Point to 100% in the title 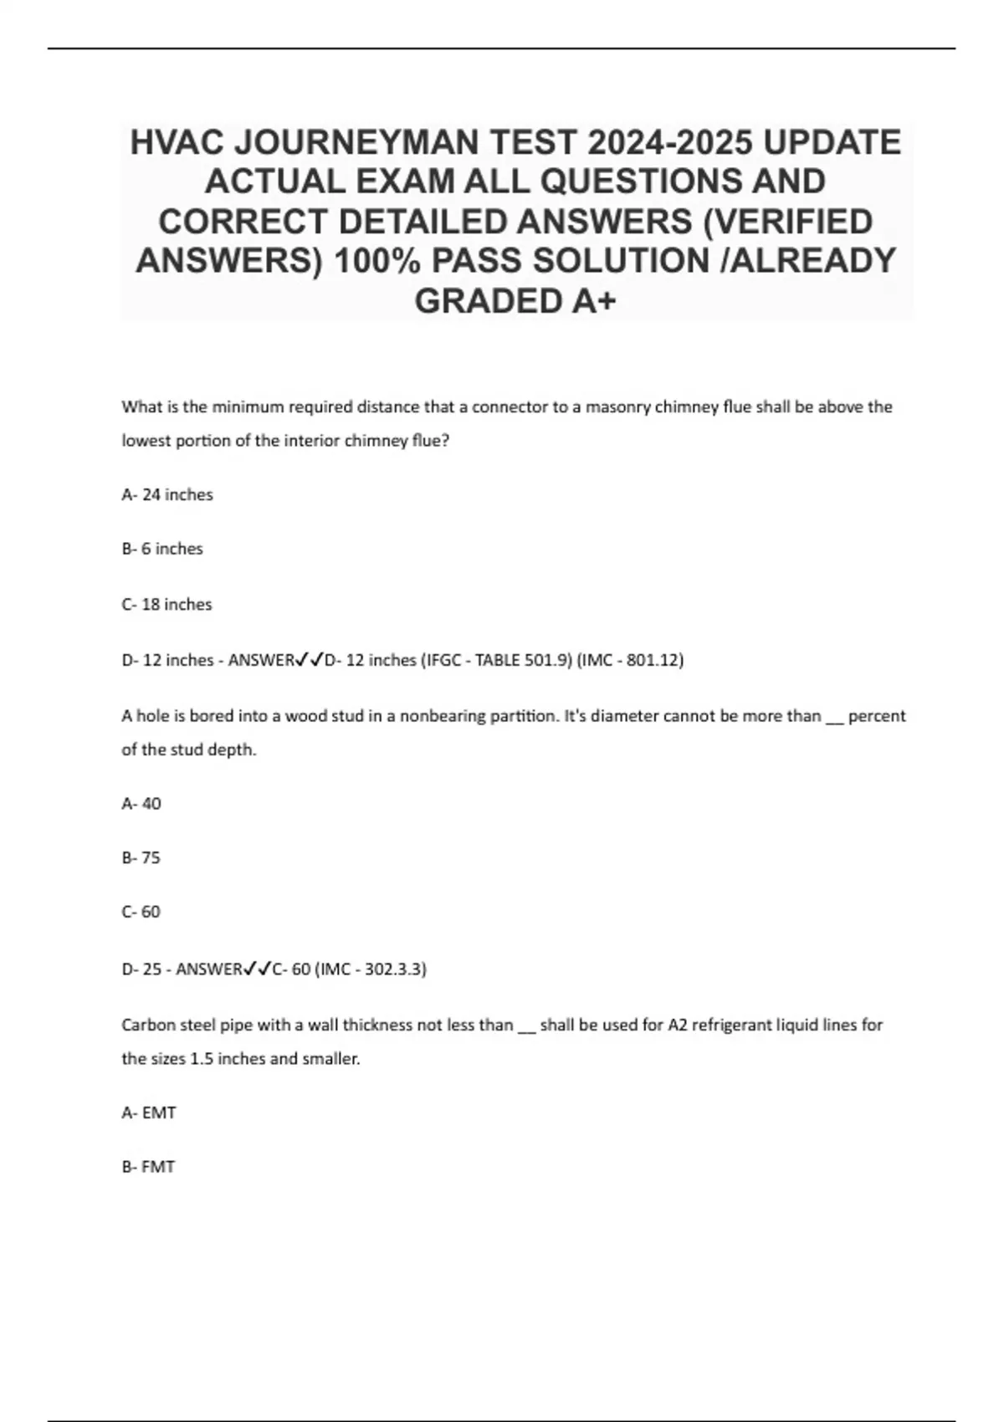tap(376, 261)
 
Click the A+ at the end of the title tap(594, 301)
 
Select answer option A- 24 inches tap(167, 495)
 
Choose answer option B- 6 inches tap(162, 550)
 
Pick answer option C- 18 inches tap(166, 605)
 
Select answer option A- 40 tap(141, 804)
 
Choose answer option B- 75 tap(141, 858)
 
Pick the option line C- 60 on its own tap(141, 912)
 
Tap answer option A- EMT tap(149, 1113)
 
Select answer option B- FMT tap(148, 1167)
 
